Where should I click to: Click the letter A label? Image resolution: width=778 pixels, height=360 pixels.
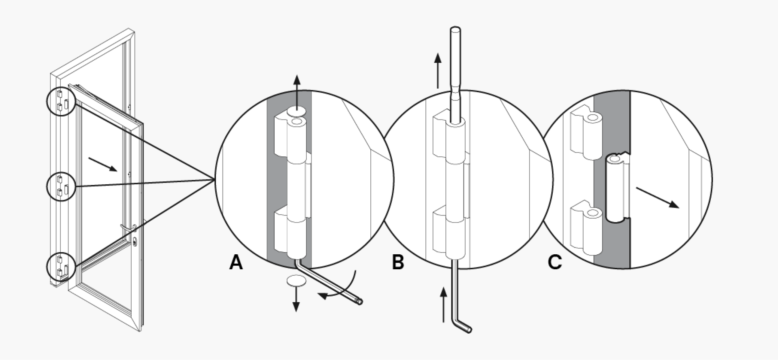(x=236, y=262)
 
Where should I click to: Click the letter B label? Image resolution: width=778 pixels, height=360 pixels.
(x=398, y=262)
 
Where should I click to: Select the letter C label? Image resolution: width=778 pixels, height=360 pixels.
(x=555, y=262)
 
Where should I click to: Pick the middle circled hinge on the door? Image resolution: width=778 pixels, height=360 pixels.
(x=61, y=186)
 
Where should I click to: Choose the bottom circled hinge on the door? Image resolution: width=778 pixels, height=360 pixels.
(x=62, y=266)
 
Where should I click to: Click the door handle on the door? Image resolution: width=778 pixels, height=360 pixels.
(x=129, y=229)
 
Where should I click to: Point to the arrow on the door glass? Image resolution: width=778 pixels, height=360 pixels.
(x=103, y=164)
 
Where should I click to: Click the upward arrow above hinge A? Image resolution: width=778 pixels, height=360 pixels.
(x=297, y=91)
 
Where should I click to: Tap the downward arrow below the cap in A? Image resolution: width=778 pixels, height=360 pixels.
(x=296, y=300)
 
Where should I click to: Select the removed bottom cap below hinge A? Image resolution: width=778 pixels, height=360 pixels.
(x=296, y=281)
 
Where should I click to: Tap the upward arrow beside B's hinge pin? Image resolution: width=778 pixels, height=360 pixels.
(x=438, y=70)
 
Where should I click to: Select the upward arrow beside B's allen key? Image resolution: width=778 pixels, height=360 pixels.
(x=444, y=305)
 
